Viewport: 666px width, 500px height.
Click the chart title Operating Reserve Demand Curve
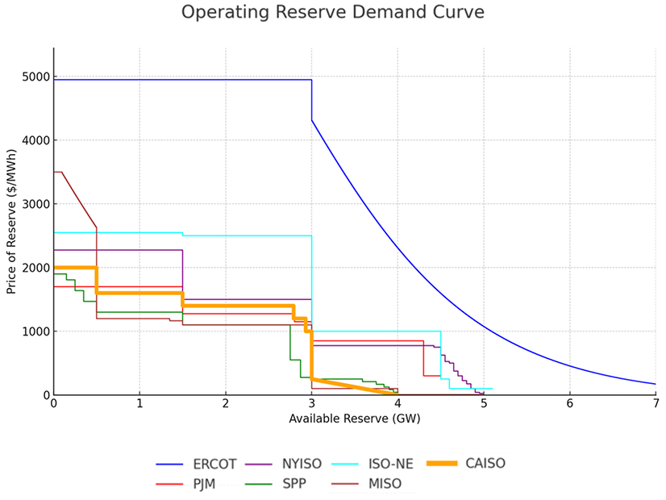[x=333, y=13]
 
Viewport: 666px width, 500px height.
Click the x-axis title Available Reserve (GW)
[x=355, y=419]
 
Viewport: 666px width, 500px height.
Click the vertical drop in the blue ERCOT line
[x=312, y=100]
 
